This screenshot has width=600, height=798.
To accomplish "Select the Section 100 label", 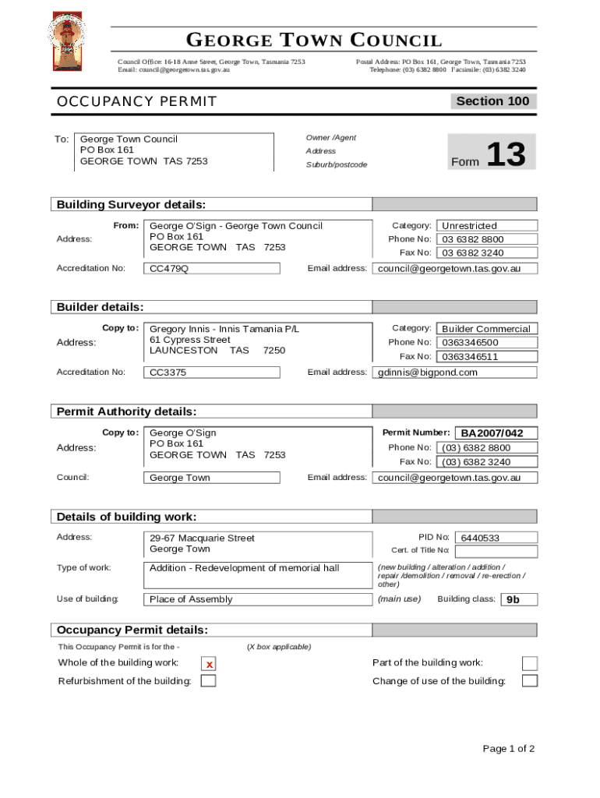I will (492, 101).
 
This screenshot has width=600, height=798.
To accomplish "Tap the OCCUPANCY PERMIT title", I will (137, 102).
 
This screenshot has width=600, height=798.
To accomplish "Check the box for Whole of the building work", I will (209, 664).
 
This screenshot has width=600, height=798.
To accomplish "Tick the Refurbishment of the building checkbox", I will (208, 681).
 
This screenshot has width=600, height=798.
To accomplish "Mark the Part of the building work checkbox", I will (529, 663).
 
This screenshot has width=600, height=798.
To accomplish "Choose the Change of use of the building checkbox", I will (529, 681).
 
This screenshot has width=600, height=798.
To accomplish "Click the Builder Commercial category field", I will (487, 329).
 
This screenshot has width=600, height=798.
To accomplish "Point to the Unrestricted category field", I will (487, 226).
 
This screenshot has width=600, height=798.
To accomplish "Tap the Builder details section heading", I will (100, 308).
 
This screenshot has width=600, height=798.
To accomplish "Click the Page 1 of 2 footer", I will (508, 749).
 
